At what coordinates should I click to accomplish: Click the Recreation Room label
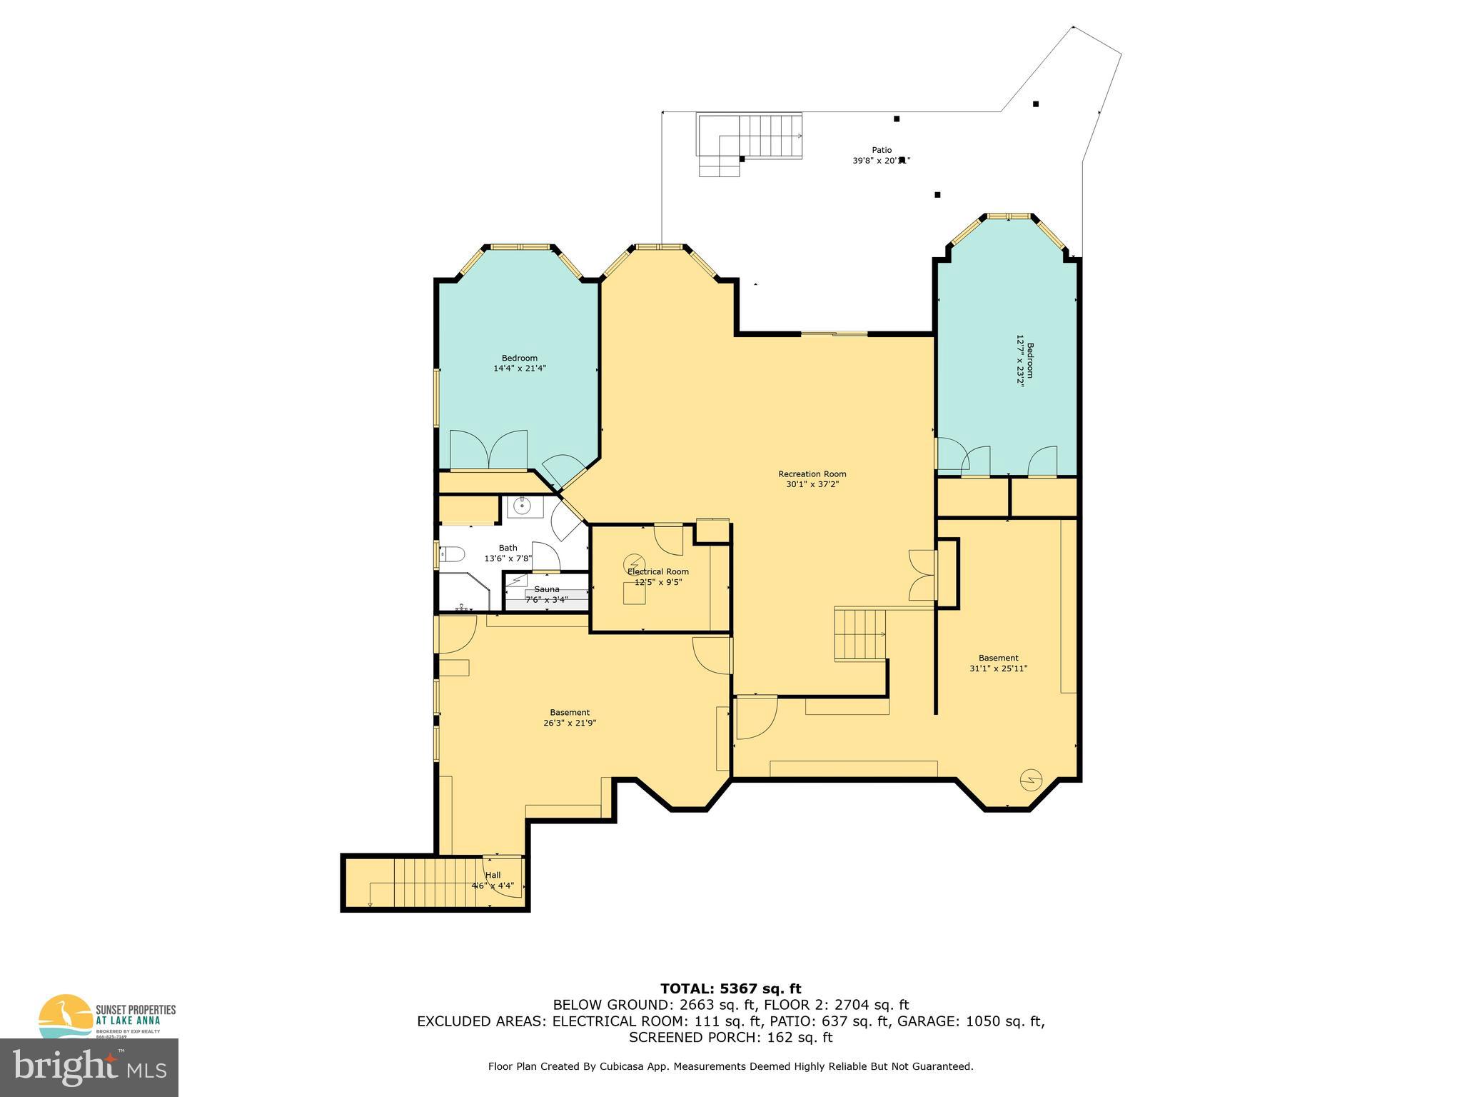click(812, 474)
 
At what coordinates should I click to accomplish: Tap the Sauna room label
click(547, 589)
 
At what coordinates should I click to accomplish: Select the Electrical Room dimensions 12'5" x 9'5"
click(658, 582)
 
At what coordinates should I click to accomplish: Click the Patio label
click(882, 150)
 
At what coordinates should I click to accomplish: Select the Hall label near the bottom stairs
click(493, 875)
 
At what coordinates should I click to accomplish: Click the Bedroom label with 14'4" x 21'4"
click(519, 358)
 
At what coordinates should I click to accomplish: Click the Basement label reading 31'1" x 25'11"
click(998, 658)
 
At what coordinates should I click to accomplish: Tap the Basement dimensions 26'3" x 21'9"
click(570, 723)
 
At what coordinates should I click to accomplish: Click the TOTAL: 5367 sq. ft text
click(730, 988)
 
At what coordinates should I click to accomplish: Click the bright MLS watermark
click(89, 1067)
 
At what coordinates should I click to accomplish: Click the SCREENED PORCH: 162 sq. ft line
click(730, 1037)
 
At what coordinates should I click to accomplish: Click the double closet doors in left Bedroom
click(488, 450)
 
